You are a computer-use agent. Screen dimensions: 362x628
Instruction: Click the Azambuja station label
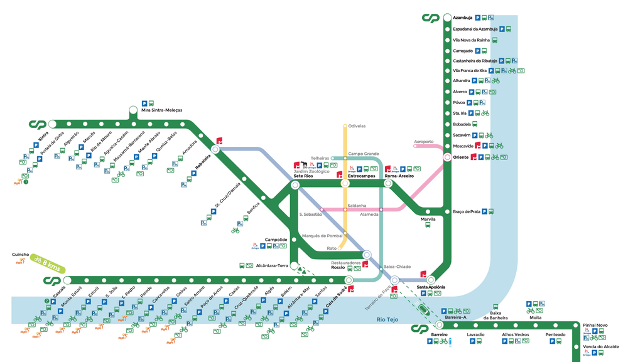click(462, 18)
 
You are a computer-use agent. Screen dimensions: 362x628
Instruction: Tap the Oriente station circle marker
click(447, 157)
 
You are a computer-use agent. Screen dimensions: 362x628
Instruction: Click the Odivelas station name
click(357, 126)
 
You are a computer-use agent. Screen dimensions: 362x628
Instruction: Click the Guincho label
click(21, 255)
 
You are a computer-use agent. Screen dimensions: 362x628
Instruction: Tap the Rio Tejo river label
click(388, 319)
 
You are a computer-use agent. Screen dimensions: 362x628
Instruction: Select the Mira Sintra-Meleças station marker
click(133, 111)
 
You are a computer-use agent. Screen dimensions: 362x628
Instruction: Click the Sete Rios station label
click(304, 177)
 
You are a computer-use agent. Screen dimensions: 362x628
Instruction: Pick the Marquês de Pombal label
click(323, 236)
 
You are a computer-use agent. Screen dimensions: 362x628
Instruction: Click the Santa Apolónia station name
click(431, 287)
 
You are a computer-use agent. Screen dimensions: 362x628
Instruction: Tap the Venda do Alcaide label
click(601, 346)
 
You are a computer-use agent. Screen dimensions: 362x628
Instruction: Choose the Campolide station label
click(276, 240)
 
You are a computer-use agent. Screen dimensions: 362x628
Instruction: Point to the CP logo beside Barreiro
click(420, 329)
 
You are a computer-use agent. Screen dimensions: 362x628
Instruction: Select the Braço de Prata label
click(467, 212)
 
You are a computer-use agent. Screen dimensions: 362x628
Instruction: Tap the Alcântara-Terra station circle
click(294, 266)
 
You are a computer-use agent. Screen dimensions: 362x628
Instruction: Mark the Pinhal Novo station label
click(595, 326)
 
